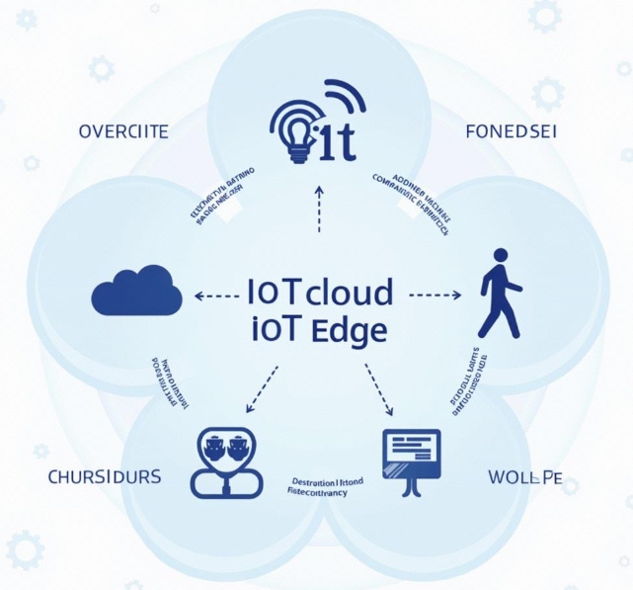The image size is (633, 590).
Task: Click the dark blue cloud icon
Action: [136, 293]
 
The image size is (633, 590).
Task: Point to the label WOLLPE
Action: [525, 477]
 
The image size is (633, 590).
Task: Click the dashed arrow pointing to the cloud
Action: [215, 295]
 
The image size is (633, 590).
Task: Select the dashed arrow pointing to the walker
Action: [435, 294]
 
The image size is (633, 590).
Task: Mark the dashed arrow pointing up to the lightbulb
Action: [319, 207]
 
